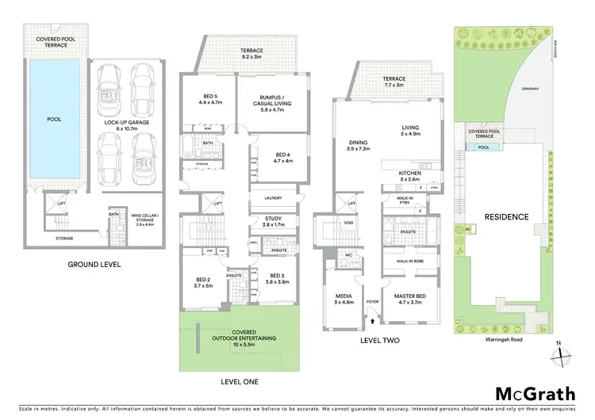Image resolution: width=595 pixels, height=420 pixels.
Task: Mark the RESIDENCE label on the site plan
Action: [506, 216]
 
